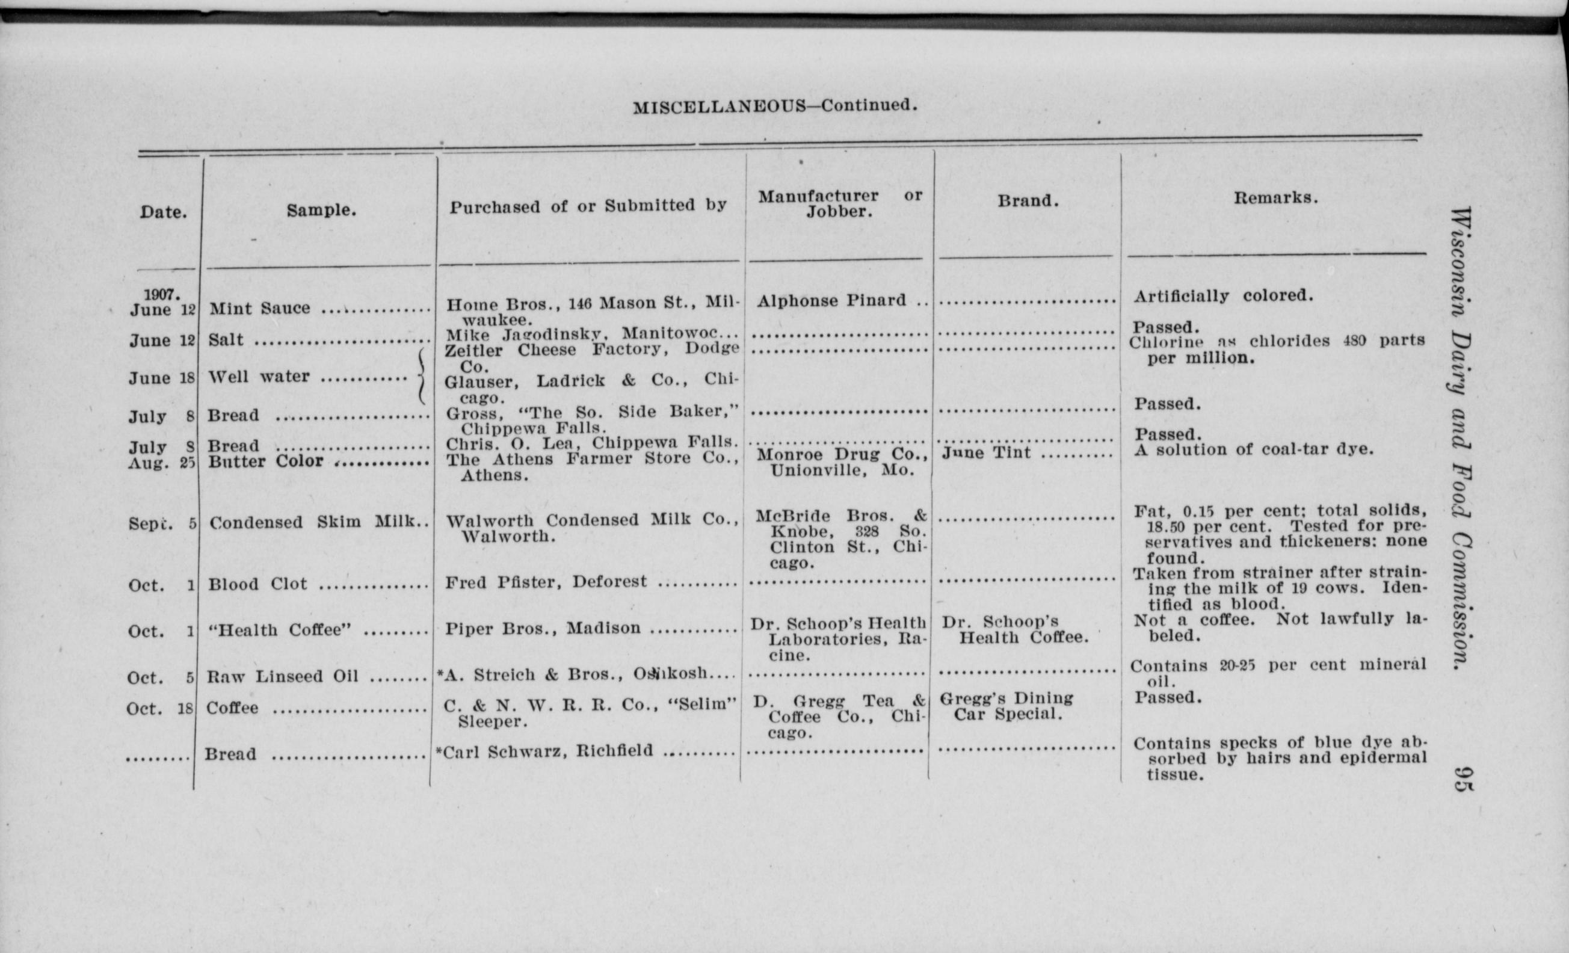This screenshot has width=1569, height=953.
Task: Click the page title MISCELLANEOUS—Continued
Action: (x=775, y=106)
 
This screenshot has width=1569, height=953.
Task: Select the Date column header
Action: (x=164, y=212)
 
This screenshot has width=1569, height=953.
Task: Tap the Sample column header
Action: (x=321, y=211)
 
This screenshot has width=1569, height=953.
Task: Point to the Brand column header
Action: (x=1028, y=201)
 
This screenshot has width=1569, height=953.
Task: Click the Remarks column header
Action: (x=1275, y=198)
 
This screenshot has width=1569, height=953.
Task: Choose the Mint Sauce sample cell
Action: (x=260, y=308)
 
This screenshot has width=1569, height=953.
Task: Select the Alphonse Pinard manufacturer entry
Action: (x=831, y=300)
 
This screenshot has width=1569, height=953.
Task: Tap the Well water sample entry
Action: (x=259, y=377)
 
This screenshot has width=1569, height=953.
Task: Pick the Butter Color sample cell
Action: (x=265, y=461)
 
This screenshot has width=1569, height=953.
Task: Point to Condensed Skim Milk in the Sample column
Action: (x=316, y=522)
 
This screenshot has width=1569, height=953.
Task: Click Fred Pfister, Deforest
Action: (x=546, y=582)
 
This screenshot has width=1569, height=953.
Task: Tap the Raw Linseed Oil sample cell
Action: (x=282, y=676)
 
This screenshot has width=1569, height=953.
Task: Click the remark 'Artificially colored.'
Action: (x=1223, y=296)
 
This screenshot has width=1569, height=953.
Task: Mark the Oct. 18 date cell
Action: (x=159, y=709)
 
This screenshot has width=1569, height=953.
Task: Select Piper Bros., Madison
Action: (x=543, y=628)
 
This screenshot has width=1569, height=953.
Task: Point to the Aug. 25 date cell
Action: (x=161, y=463)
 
